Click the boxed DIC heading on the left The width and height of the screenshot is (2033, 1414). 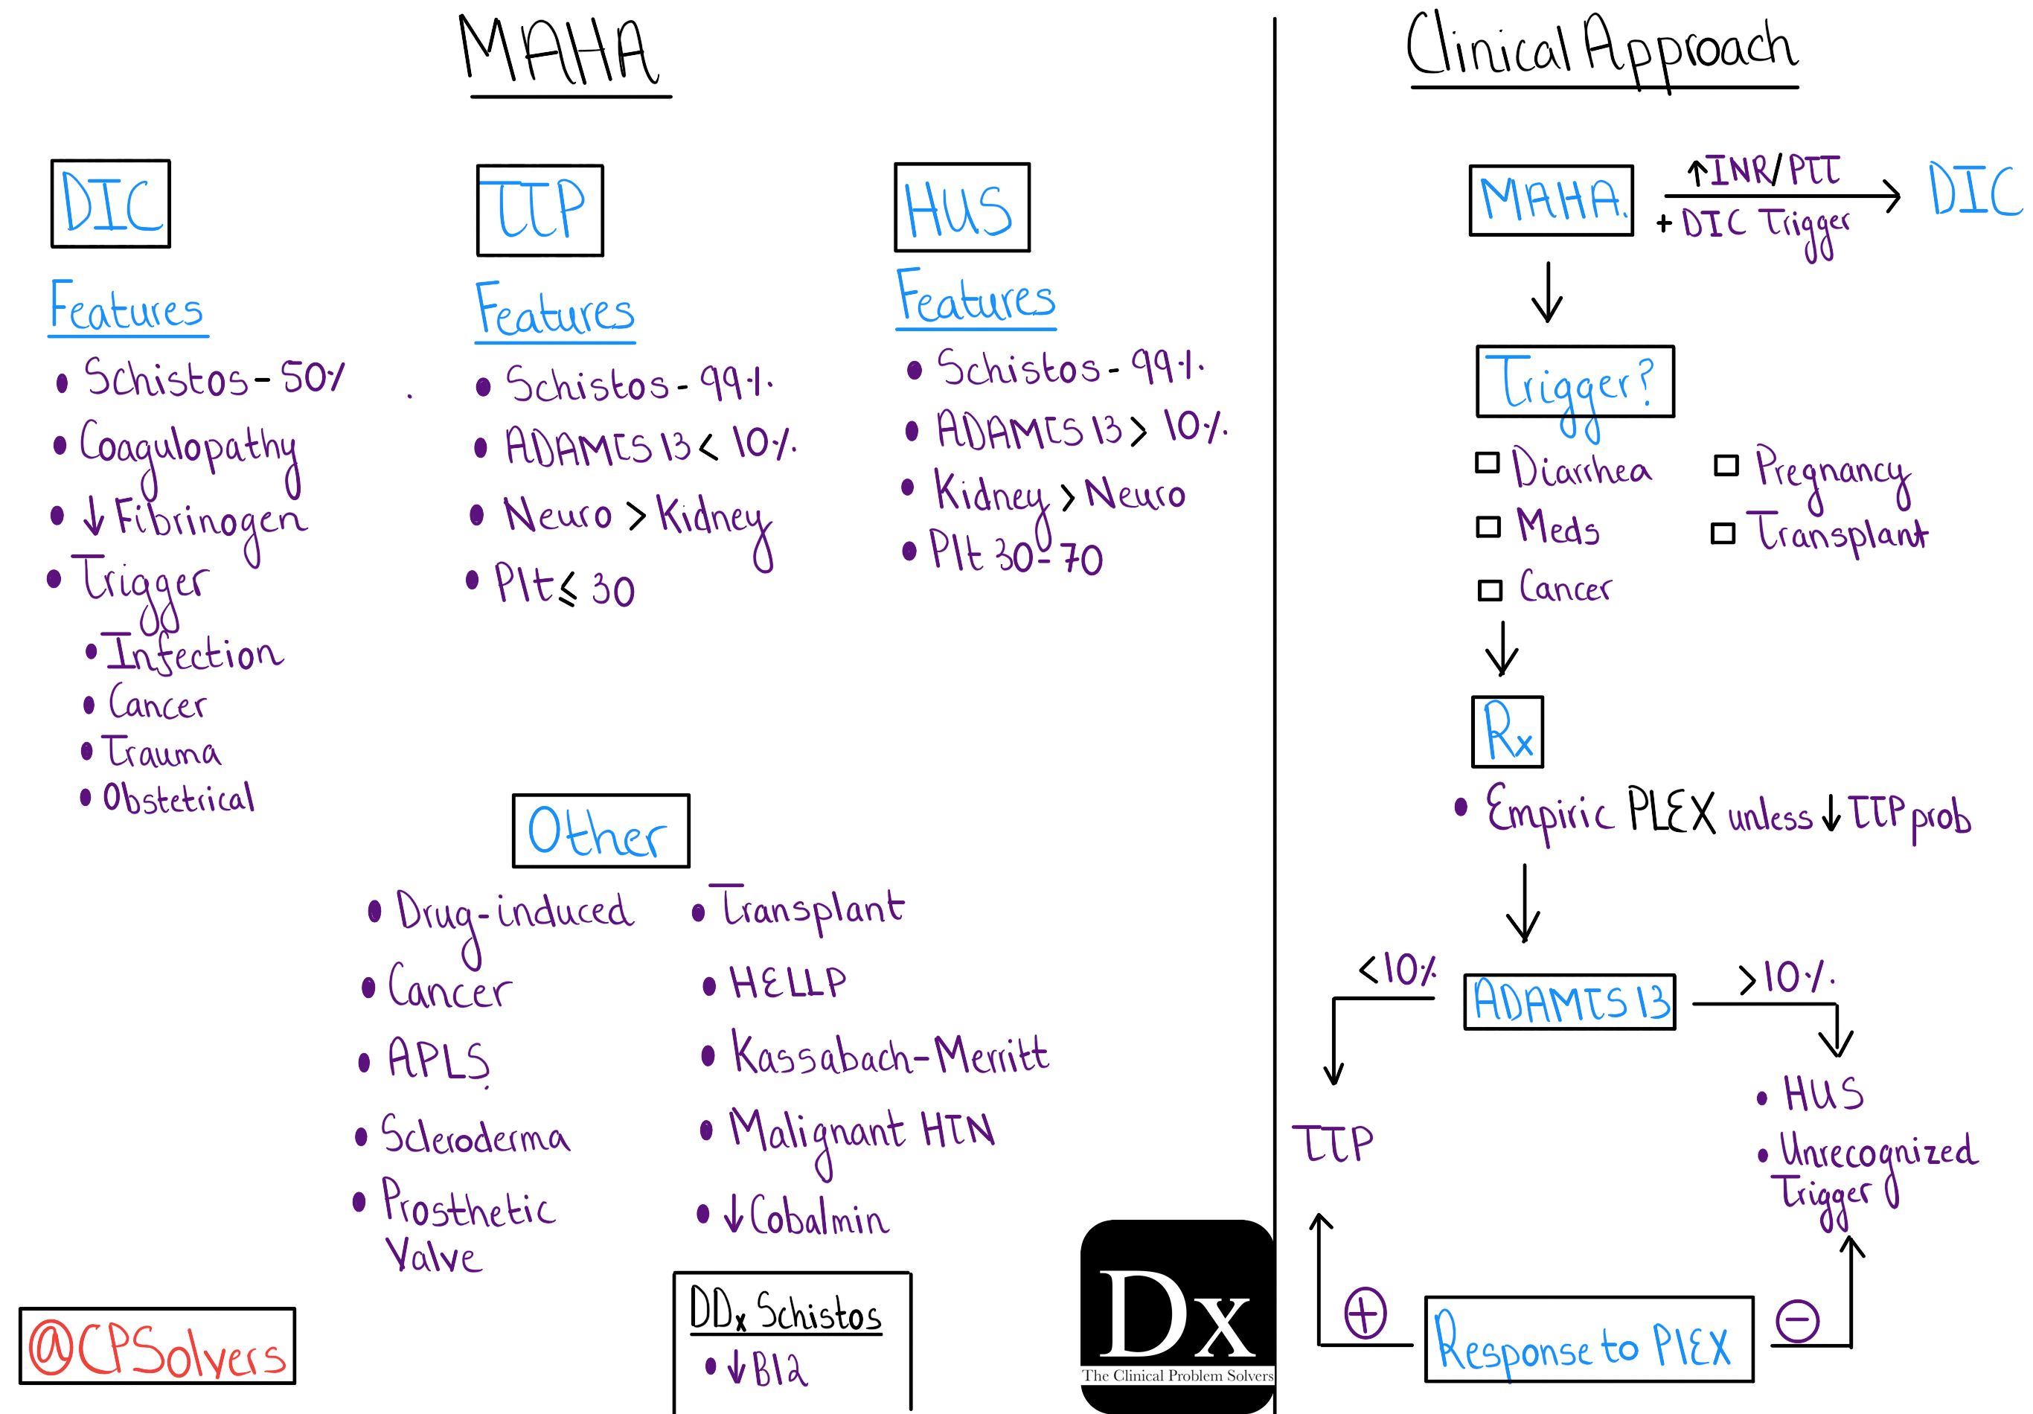pyautogui.click(x=111, y=204)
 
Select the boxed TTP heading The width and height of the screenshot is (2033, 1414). pyautogui.click(x=540, y=211)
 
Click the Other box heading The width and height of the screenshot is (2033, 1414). pyautogui.click(x=601, y=831)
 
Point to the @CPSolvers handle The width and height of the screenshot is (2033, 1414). pyautogui.click(x=158, y=1346)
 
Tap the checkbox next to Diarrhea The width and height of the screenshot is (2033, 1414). pyautogui.click(x=1488, y=463)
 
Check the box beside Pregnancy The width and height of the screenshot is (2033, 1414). pyautogui.click(x=1726, y=466)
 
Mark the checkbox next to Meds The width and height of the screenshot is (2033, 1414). pyautogui.click(x=1488, y=528)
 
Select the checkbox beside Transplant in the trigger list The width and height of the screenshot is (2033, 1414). pyautogui.click(x=1723, y=533)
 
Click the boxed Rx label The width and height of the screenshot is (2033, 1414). pyautogui.click(x=1507, y=732)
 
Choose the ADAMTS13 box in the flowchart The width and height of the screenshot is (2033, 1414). pyautogui.click(x=1570, y=1002)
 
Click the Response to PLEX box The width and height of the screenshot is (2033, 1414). pyautogui.click(x=1589, y=1340)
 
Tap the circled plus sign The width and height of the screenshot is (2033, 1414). pyautogui.click(x=1366, y=1313)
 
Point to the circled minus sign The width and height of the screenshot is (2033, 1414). pyautogui.click(x=1797, y=1322)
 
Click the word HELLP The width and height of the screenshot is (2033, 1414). pyautogui.click(x=787, y=983)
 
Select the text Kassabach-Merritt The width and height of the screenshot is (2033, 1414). pyautogui.click(x=889, y=1055)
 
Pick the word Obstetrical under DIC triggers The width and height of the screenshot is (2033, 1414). pyautogui.click(x=179, y=798)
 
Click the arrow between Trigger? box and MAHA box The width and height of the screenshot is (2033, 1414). pyautogui.click(x=1548, y=292)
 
